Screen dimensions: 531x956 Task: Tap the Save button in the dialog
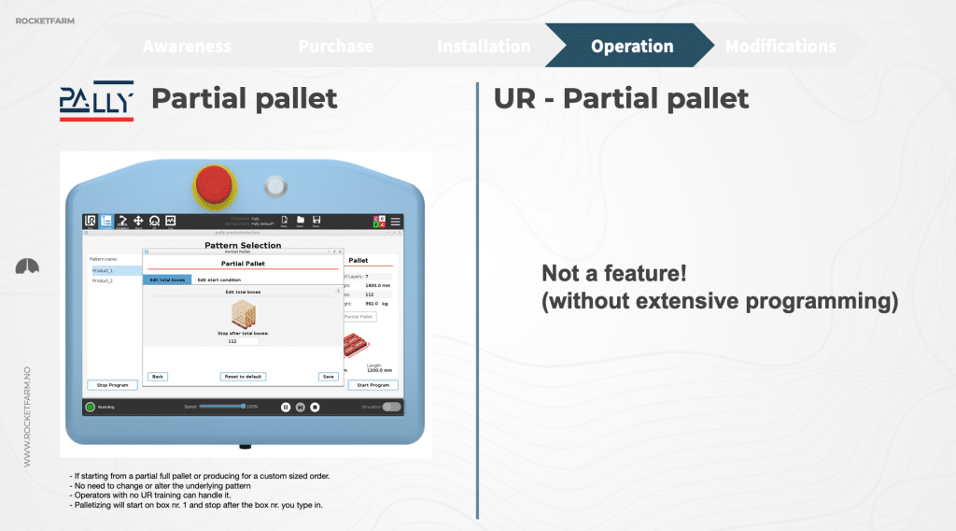click(328, 377)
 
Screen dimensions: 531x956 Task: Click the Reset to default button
click(243, 377)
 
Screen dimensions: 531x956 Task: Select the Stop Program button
click(112, 385)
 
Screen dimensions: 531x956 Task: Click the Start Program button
click(373, 385)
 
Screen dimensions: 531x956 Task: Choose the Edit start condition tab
click(218, 280)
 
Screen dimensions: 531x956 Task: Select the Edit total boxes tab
click(167, 280)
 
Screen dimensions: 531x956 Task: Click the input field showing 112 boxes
click(243, 341)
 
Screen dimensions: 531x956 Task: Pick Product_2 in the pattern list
click(103, 280)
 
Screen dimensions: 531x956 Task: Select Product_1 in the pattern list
click(103, 270)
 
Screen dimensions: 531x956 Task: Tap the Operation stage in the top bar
click(631, 46)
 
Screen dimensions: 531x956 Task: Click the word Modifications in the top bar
click(780, 46)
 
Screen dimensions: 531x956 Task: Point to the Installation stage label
click(484, 46)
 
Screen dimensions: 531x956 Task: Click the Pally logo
click(96, 100)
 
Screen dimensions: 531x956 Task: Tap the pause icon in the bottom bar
click(286, 407)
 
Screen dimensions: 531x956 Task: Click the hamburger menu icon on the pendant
click(395, 221)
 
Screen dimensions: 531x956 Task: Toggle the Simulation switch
click(391, 407)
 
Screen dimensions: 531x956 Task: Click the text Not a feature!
click(614, 274)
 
